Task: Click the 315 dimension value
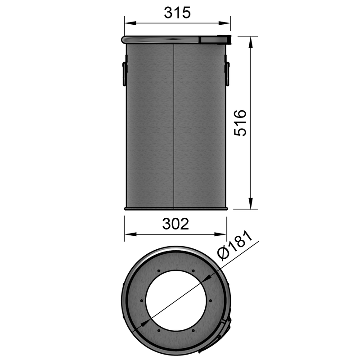coord(177,13)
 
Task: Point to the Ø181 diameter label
coord(235,247)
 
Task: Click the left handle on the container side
coord(124,74)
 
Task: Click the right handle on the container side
coord(227,74)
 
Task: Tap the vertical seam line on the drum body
coord(174,126)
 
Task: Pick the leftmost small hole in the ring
coord(141,301)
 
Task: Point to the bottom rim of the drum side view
coord(176,208)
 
